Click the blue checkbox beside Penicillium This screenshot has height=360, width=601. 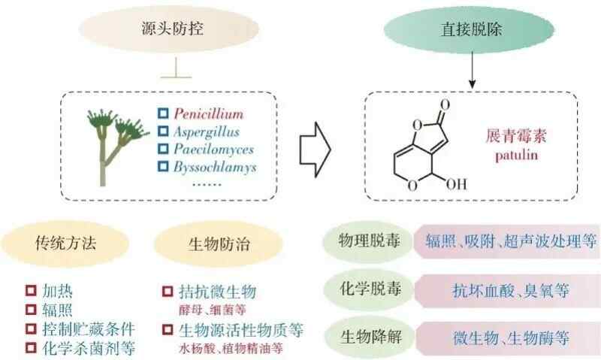(x=163, y=114)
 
